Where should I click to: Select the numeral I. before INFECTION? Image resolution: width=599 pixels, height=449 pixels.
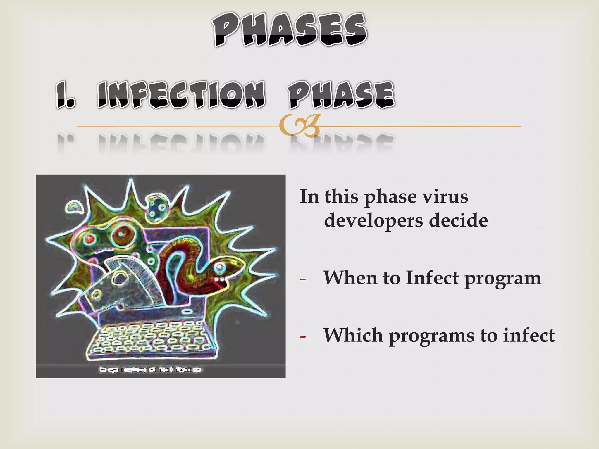66,95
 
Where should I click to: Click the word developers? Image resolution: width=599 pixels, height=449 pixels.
373,221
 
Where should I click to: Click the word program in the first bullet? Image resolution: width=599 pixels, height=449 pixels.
503,279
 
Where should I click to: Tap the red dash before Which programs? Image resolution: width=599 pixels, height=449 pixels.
303,337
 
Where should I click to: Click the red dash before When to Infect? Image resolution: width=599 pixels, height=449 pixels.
303,279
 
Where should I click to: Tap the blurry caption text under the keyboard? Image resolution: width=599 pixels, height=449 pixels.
151,369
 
